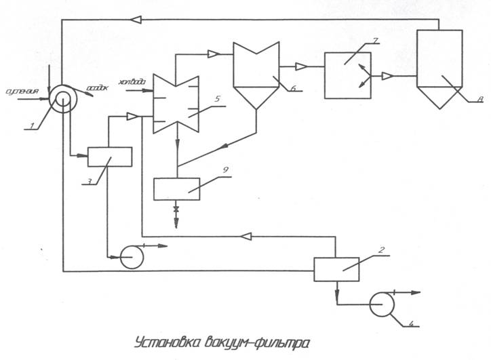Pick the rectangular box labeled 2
tap(336, 268)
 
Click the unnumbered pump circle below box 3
tap(130, 256)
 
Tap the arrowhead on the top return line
tap(136, 20)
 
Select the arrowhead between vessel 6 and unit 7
tap(300, 66)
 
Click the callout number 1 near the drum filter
tap(31, 126)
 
